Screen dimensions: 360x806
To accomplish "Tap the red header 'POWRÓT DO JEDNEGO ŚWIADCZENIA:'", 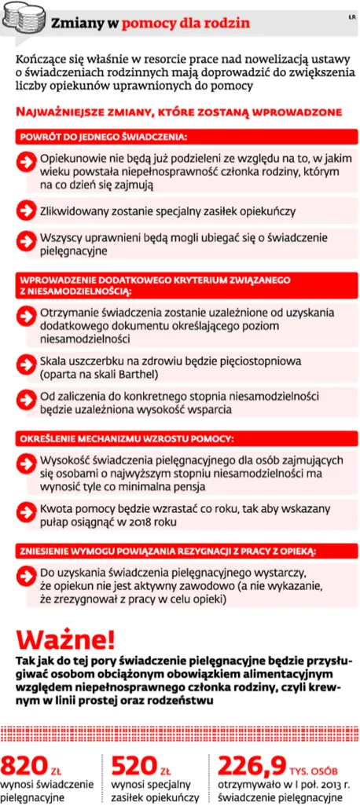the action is (x=103, y=137).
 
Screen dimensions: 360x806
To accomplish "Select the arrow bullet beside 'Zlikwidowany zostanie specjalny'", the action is (x=28, y=211).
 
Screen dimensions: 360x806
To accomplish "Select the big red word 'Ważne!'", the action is (x=67, y=636).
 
